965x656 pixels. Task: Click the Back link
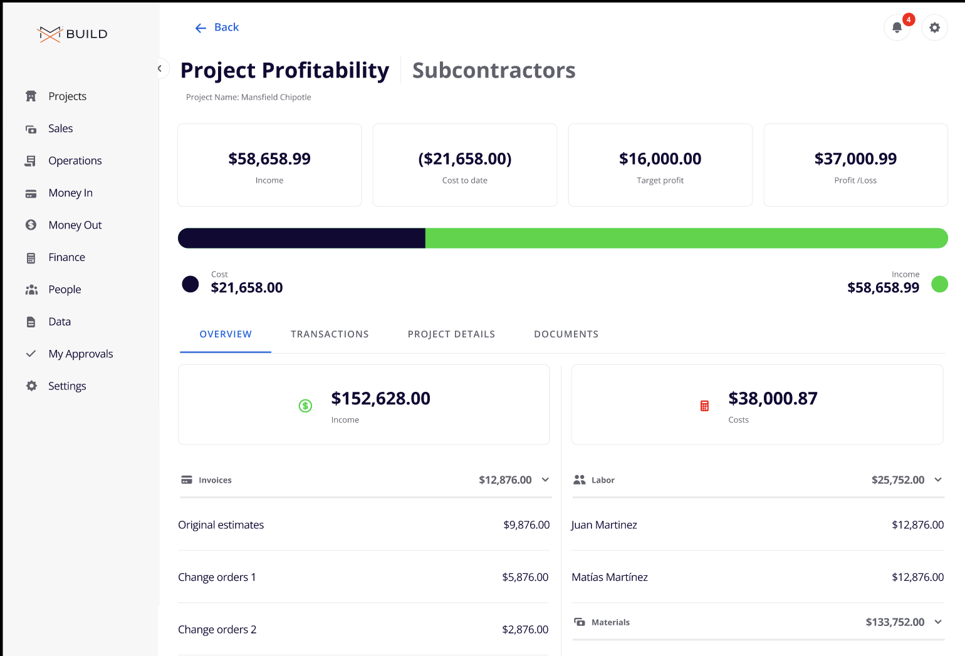217,28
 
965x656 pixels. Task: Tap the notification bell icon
897,28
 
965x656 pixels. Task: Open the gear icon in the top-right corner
934,28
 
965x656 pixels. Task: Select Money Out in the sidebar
75,225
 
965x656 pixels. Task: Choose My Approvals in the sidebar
80,354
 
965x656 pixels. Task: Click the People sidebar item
65,290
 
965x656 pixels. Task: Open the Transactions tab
330,334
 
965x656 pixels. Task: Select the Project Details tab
451,334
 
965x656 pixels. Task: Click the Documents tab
566,334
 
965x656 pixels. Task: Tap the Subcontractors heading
494,71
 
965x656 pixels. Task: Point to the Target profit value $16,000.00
660,159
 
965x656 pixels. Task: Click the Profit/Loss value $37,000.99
855,159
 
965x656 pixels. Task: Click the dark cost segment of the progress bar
301,238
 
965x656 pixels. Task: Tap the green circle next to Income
939,284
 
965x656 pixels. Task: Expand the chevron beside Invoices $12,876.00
545,480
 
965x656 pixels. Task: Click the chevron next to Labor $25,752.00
938,480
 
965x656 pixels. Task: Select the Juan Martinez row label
604,525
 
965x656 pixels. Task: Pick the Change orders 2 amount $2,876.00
525,630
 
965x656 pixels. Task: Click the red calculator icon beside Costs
704,406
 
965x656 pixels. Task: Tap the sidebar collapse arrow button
160,69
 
